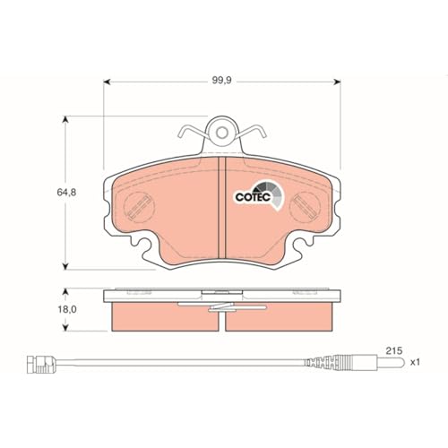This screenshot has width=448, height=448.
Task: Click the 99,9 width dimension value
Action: [221, 81]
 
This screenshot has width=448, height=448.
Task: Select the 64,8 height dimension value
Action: [66, 193]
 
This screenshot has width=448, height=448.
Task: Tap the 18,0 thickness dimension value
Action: [67, 309]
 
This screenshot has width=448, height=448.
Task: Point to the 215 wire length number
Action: [394, 350]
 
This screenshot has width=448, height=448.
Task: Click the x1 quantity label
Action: [415, 362]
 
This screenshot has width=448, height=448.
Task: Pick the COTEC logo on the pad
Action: [258, 194]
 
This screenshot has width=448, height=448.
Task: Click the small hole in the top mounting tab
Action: [221, 133]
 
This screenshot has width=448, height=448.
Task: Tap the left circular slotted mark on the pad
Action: [139, 207]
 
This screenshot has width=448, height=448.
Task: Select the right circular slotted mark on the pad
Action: [306, 207]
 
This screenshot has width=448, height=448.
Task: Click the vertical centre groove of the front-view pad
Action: [222, 208]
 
